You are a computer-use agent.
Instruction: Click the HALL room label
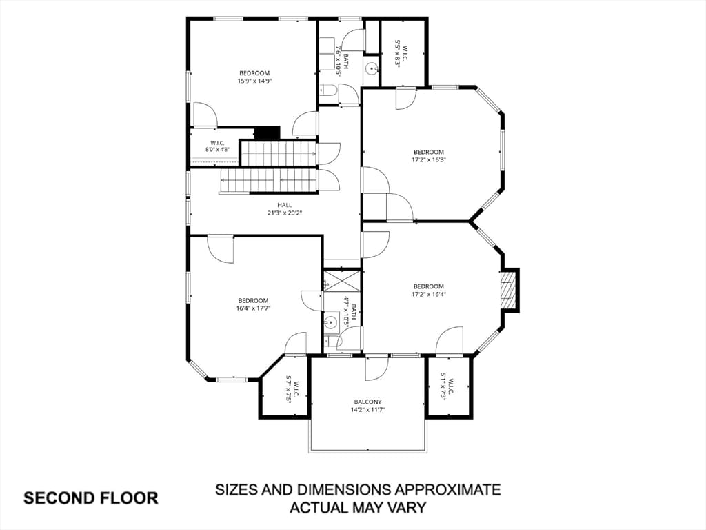click(285, 205)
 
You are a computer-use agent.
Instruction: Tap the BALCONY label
click(368, 402)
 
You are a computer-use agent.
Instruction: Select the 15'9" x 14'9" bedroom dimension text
click(254, 81)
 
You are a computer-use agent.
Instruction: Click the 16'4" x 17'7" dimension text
click(254, 308)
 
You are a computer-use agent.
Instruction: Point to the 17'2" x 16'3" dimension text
click(429, 159)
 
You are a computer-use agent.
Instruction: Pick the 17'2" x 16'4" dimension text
click(429, 294)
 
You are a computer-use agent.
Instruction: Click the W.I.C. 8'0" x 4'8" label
click(217, 146)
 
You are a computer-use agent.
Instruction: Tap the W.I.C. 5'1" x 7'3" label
click(447, 386)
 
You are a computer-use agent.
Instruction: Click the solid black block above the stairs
click(268, 133)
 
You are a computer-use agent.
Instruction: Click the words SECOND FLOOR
click(91, 498)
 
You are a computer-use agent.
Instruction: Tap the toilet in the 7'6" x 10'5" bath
click(328, 90)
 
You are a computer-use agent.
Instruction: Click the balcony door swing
click(376, 368)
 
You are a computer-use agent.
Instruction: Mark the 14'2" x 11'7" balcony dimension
click(368, 410)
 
